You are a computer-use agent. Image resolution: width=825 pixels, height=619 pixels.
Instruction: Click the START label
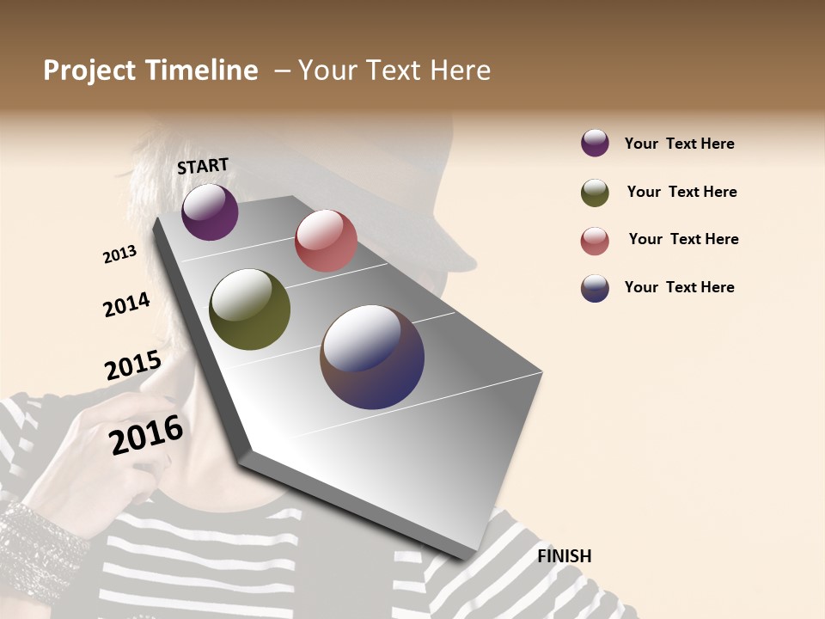[x=203, y=166]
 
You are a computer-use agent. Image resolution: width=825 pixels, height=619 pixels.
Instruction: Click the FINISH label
[x=564, y=556]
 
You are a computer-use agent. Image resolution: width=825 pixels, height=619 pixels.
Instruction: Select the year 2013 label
[x=120, y=254]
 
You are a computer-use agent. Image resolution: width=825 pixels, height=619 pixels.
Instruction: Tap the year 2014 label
[x=126, y=304]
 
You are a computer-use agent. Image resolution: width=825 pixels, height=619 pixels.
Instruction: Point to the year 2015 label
[x=133, y=365]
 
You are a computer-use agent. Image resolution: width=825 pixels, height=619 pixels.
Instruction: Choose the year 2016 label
[x=146, y=434]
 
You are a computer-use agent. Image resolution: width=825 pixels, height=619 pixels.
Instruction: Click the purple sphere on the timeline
[x=210, y=211]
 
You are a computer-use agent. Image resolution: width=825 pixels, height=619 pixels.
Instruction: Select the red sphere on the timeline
[x=326, y=241]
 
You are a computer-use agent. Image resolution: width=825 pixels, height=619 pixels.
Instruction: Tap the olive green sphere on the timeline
[x=249, y=309]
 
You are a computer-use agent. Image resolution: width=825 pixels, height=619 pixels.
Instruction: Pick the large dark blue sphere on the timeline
[x=372, y=357]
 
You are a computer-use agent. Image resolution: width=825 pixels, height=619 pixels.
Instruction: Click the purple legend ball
[x=595, y=144]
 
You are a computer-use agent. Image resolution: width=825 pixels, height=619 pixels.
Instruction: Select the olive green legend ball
[x=595, y=193]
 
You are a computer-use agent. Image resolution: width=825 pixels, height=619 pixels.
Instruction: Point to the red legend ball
[x=595, y=241]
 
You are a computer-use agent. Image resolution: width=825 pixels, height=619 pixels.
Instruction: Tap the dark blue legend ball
[x=595, y=288]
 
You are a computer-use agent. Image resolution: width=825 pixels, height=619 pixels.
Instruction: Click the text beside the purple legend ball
[x=679, y=144]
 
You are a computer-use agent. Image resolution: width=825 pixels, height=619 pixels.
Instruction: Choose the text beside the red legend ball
[x=683, y=239]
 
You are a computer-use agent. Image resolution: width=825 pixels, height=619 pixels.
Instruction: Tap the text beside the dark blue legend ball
[x=679, y=287]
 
